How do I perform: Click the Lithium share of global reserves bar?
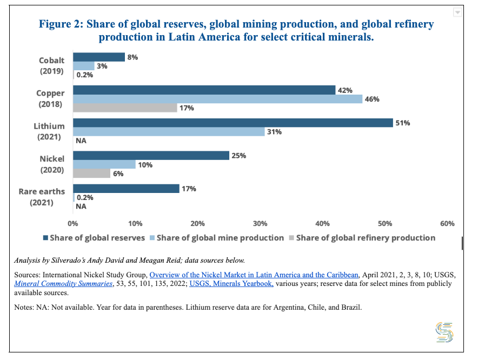(233, 123)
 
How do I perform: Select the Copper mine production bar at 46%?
(217, 99)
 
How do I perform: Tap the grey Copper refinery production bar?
(125, 108)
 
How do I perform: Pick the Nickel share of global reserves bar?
(151, 156)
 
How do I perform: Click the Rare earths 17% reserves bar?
(126, 189)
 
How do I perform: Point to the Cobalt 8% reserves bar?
(99, 57)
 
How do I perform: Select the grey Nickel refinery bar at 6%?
(91, 174)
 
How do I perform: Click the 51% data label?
(403, 123)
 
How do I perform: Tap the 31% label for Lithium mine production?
(275, 132)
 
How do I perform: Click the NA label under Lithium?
(81, 141)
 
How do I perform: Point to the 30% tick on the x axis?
(260, 224)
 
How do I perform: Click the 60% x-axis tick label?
(447, 224)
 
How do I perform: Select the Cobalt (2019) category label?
(52, 66)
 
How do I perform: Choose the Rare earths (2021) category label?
(42, 197)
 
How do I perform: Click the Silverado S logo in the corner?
(444, 331)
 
